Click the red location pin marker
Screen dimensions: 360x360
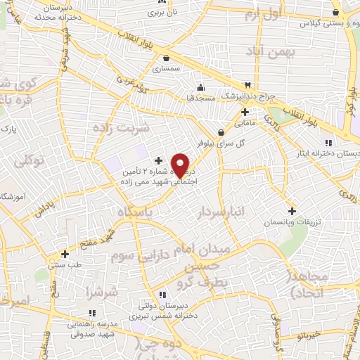181,165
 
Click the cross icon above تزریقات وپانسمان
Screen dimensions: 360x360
292,210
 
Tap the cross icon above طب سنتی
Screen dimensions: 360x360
65,254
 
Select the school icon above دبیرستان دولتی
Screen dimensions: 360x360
162,295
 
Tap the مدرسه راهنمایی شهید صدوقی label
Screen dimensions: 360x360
92,330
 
